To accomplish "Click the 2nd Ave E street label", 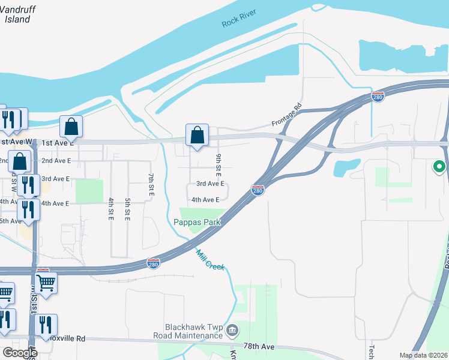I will click(x=56, y=161).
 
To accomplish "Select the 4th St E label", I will click(x=111, y=207).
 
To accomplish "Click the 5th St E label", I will click(x=128, y=207).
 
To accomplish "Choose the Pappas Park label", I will click(x=197, y=222).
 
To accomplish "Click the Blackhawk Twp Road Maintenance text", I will click(x=193, y=332).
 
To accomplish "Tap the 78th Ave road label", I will click(x=259, y=347).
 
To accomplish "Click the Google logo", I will click(x=20, y=353).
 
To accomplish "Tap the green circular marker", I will click(x=439, y=167).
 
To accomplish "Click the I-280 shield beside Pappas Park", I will click(x=258, y=190).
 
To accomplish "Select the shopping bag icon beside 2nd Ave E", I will click(x=20, y=161).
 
